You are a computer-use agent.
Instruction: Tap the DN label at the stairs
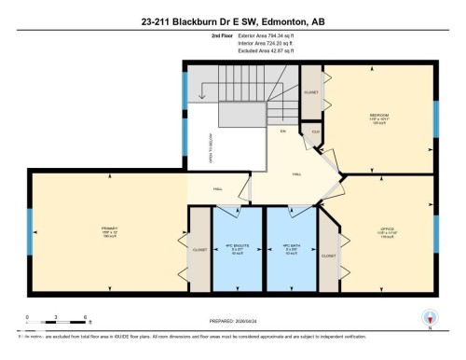282,131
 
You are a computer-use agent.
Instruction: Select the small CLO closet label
316,132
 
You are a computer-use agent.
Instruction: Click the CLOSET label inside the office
328,255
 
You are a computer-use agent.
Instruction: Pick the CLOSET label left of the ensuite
199,250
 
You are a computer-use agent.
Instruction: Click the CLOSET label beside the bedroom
311,93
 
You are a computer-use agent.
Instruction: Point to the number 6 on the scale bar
86,318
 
